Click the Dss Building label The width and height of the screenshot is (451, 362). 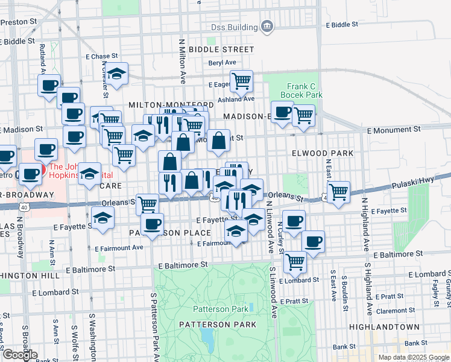[234, 27]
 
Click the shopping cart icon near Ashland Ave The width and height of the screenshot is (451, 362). [241, 80]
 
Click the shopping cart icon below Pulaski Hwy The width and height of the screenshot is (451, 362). [339, 192]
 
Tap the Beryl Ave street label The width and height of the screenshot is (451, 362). [221, 63]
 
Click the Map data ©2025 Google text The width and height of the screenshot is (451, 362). [414, 357]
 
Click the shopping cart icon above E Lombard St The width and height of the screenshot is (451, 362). [295, 262]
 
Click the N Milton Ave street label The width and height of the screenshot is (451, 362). [181, 60]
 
